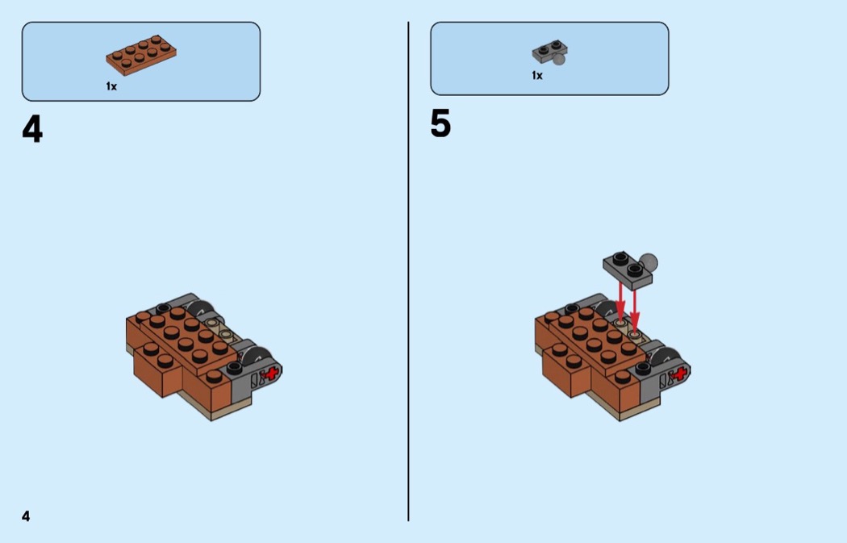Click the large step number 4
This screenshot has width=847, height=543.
click(32, 130)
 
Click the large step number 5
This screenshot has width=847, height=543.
click(440, 123)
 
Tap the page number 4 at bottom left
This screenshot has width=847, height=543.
click(26, 516)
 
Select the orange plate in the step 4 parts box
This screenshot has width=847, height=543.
click(141, 55)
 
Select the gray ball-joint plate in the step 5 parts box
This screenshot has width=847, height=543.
click(549, 52)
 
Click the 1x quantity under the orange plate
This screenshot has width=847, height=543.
click(111, 86)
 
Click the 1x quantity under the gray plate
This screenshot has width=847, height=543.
click(537, 76)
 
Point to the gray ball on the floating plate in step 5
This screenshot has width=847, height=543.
click(649, 262)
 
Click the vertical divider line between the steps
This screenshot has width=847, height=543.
click(408, 271)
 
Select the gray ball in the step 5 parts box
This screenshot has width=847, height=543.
click(559, 59)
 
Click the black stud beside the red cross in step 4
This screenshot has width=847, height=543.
click(234, 369)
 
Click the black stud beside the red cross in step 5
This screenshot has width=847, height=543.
click(642, 369)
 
